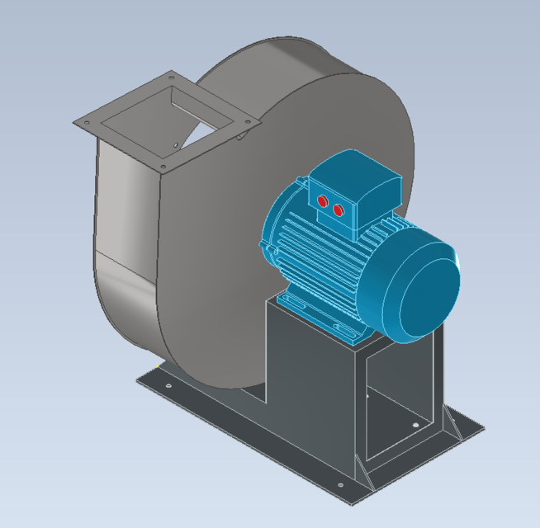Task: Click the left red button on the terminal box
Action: click(322, 201)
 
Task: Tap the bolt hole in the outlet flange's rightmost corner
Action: click(249, 121)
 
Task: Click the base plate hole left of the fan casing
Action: click(168, 384)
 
